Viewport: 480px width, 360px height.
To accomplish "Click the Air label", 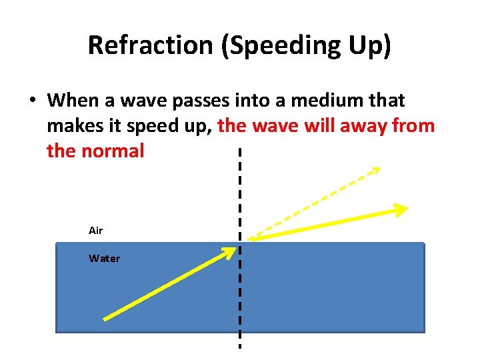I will [x=95, y=231].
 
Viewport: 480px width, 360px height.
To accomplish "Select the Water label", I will [x=104, y=259].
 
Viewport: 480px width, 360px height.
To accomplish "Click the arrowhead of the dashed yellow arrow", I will [x=375, y=170].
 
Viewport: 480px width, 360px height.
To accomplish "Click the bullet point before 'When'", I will [x=32, y=101].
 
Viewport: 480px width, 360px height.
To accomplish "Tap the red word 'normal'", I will [x=112, y=151].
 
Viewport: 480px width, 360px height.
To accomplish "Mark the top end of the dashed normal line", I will [x=239, y=151].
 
